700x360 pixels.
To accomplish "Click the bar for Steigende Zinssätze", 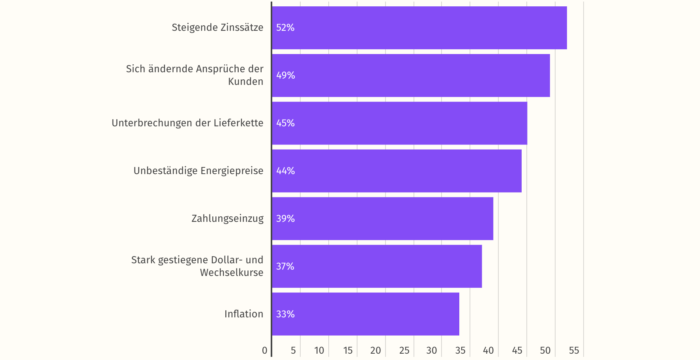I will [x=419, y=28].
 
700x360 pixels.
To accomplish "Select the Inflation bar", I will [x=365, y=314].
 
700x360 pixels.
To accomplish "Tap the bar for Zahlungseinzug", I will [x=382, y=219].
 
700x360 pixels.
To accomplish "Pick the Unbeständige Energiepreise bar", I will [x=397, y=171].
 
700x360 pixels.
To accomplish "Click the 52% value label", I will [x=285, y=28].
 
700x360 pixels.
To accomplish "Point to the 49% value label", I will [x=286, y=75].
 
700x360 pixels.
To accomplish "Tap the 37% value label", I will [x=285, y=266].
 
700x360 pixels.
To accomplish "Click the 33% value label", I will [x=285, y=314].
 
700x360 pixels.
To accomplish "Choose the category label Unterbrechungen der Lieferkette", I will [x=187, y=123].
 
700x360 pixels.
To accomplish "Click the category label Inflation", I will [x=244, y=314].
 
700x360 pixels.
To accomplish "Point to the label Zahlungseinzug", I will [x=227, y=219].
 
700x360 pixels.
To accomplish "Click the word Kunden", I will [x=245, y=82].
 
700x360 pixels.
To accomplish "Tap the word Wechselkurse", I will [x=232, y=273].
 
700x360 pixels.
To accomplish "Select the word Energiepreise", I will [x=232, y=171].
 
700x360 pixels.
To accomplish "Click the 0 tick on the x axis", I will [x=265, y=351].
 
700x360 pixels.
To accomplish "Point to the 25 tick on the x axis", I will [x=404, y=351].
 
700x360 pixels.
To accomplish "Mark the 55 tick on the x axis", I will [x=574, y=351].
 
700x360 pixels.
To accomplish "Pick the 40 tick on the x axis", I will [x=489, y=351].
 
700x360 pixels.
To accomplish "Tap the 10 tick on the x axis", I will [x=319, y=351].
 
